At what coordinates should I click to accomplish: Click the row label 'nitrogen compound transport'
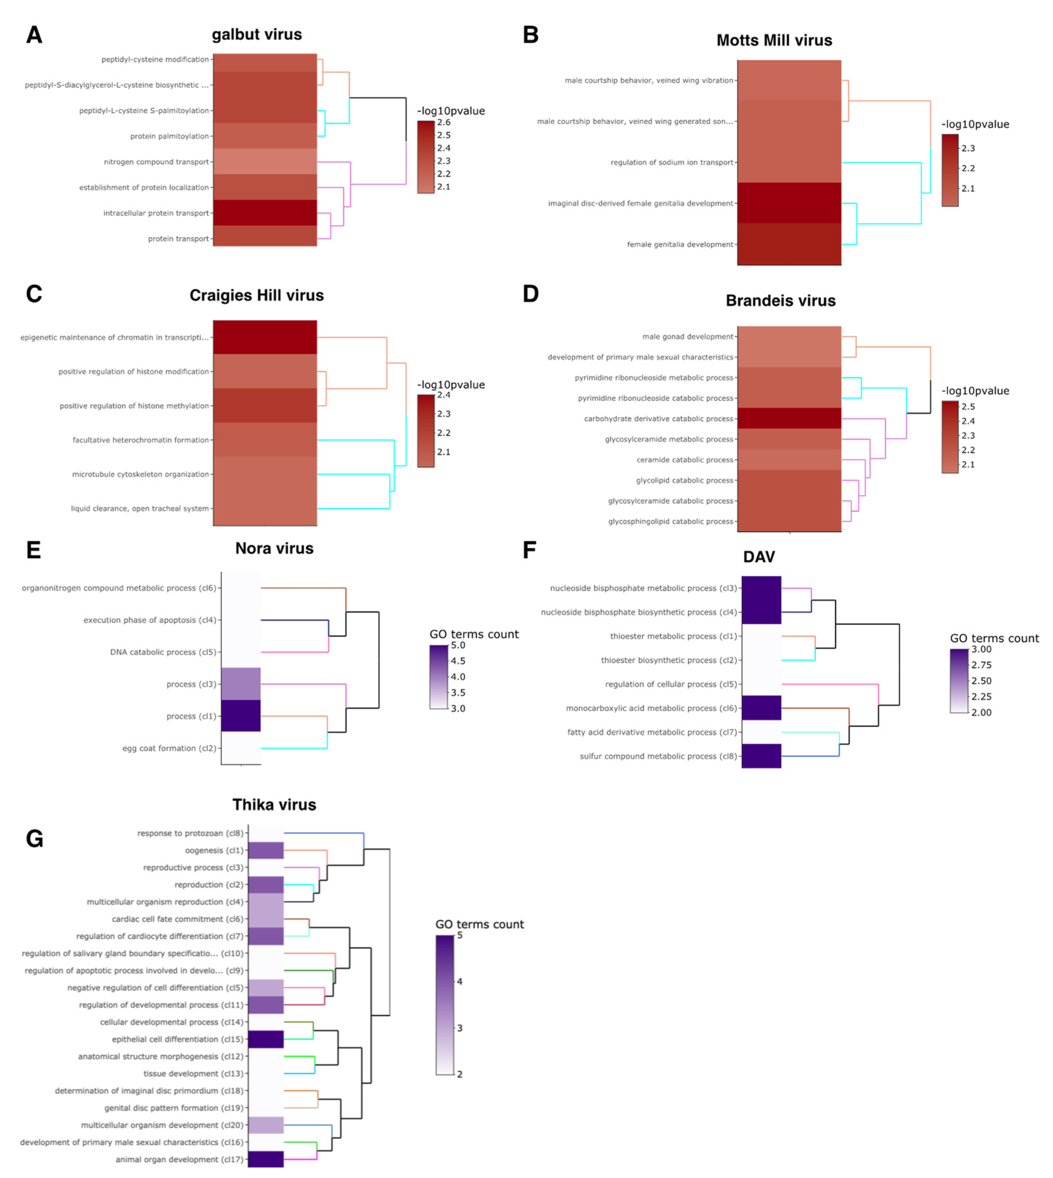[x=156, y=162]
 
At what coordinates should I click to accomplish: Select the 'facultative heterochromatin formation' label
[x=141, y=440]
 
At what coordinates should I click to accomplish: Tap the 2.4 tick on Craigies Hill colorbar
[x=444, y=395]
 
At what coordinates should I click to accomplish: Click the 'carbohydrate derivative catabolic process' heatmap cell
[x=789, y=418]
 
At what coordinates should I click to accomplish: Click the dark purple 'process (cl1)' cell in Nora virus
[x=241, y=716]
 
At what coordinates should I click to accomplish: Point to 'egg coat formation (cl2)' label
[x=169, y=748]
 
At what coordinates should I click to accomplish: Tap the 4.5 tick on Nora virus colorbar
[x=458, y=661]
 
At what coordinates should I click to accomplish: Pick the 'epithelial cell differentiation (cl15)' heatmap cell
[x=266, y=1039]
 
